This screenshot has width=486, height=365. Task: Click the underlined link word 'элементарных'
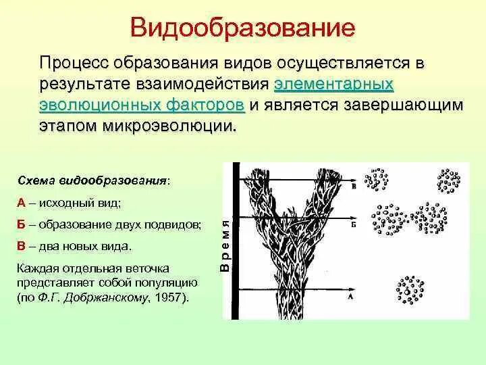click(x=334, y=84)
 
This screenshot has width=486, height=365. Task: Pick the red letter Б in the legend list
click(x=22, y=223)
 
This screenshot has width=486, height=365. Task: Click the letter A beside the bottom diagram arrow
click(x=350, y=295)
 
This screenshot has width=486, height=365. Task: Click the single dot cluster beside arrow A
click(x=410, y=290)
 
